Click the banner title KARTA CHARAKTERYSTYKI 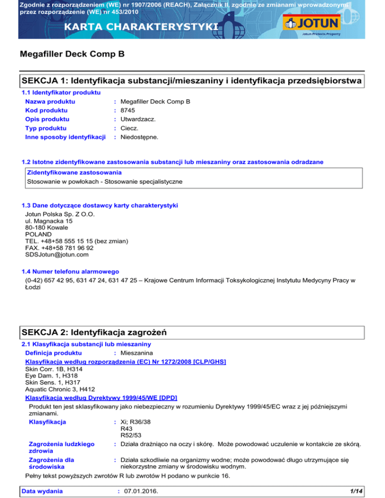[x=120, y=26]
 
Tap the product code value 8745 [x=128, y=110]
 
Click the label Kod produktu [x=47, y=110]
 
